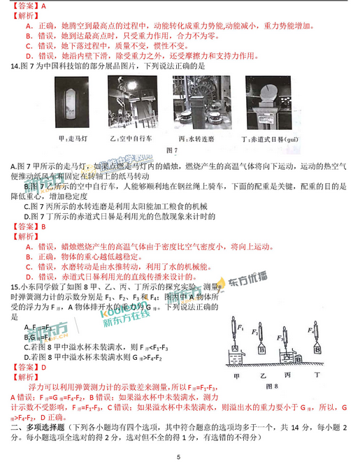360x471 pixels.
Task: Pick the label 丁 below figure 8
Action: [317, 376]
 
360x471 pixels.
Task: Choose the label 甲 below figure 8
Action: [237, 376]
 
